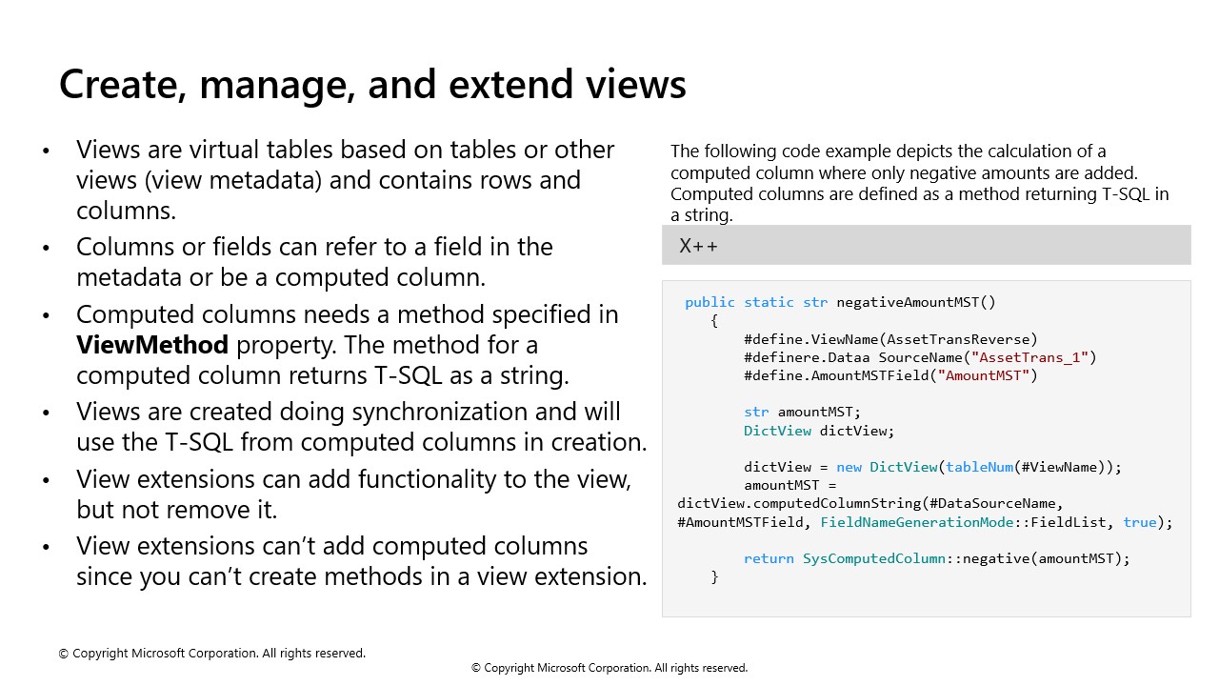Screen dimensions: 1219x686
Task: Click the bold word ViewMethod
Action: (152, 345)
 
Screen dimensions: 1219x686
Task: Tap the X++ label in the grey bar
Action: (698, 246)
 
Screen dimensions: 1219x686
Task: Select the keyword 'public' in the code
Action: (709, 302)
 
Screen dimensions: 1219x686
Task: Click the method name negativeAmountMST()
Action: (916, 302)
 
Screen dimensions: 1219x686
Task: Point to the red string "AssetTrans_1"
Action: (1029, 357)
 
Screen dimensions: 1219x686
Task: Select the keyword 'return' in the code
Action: (769, 558)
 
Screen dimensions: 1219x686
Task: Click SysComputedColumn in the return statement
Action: (874, 558)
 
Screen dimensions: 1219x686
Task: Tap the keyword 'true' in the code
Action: (1140, 523)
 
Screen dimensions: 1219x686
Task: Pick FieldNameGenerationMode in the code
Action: (917, 523)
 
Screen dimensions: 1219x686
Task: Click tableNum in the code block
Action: (980, 467)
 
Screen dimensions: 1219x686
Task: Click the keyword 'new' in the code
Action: (849, 467)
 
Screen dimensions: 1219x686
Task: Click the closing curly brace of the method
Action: (714, 577)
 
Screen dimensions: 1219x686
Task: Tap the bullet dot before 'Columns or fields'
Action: (47, 249)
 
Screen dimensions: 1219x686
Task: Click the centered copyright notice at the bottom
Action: (609, 668)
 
